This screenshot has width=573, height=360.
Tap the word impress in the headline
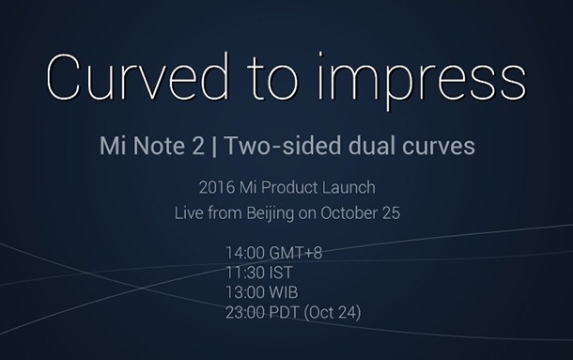pyautogui.click(x=433, y=79)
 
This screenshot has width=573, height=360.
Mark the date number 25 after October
pyautogui.click(x=391, y=212)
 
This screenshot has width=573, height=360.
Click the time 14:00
pyautogui.click(x=245, y=252)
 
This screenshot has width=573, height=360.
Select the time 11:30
pyautogui.click(x=245, y=272)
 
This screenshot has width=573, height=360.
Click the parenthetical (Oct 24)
pyautogui.click(x=332, y=311)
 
